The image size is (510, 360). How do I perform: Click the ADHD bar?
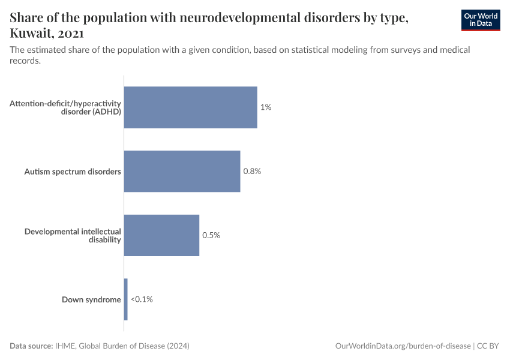coord(190,107)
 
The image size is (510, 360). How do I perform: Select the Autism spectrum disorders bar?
coord(182,171)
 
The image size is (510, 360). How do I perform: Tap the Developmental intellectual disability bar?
coord(161,235)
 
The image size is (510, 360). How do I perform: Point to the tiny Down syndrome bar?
coord(126,299)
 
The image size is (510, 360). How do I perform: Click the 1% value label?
coord(266,107)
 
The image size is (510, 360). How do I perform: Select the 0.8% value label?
coord(252,171)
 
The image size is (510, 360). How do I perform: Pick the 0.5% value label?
coord(211,235)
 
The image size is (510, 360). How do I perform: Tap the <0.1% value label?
coord(142,299)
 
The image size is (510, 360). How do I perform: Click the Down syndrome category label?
coord(91,299)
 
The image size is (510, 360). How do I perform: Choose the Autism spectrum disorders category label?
coord(73,172)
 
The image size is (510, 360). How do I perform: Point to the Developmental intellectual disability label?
coord(73,235)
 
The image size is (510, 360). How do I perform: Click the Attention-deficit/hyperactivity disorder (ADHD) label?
coord(65,107)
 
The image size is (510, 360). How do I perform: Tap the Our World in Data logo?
coord(481,20)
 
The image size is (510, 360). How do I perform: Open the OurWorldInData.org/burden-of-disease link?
coord(402,346)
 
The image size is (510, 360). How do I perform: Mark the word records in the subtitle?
coord(25,61)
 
